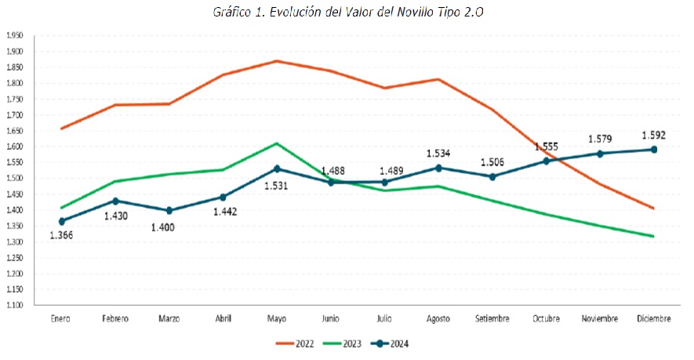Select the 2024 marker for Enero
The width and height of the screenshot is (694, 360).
pyautogui.click(x=61, y=221)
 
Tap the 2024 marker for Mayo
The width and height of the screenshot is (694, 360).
pyautogui.click(x=277, y=169)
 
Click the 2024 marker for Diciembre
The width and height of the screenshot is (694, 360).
pyautogui.click(x=653, y=149)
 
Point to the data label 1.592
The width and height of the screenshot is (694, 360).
pyautogui.click(x=653, y=134)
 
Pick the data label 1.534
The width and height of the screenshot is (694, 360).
pyautogui.click(x=438, y=153)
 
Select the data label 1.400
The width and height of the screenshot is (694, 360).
pyautogui.click(x=168, y=227)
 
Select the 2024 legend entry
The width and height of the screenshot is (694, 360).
pyautogui.click(x=391, y=344)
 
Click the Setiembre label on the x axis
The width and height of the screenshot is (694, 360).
pyautogui.click(x=492, y=318)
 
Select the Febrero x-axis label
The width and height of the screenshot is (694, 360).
pyautogui.click(x=115, y=318)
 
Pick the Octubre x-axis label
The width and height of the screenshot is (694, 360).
pyautogui.click(x=546, y=318)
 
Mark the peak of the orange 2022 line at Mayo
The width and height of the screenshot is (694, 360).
pyautogui.click(x=277, y=60)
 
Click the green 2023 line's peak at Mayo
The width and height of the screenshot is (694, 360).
pyautogui.click(x=277, y=144)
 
